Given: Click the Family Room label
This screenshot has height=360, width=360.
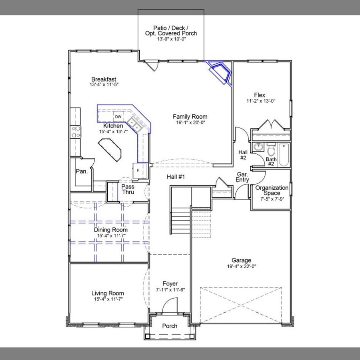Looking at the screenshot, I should point(190,117).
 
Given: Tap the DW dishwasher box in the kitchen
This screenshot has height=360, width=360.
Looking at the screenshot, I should point(118,117).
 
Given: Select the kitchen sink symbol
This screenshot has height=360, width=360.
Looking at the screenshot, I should point(134,125).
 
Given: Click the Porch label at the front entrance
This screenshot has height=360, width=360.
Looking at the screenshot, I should point(169,326).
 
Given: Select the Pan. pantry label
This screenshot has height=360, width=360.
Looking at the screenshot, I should point(82,172).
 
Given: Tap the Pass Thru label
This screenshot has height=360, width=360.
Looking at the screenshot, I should point(128,189).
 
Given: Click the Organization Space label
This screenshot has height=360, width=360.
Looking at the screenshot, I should point(272,190).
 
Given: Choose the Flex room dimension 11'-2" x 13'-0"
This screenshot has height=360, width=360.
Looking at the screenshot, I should point(261,101).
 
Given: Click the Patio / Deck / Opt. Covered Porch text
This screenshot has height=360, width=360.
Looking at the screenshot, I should point(171,30).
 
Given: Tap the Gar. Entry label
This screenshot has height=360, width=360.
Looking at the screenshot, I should point(242,177).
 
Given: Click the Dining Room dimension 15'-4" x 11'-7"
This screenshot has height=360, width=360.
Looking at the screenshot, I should point(111,237).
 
